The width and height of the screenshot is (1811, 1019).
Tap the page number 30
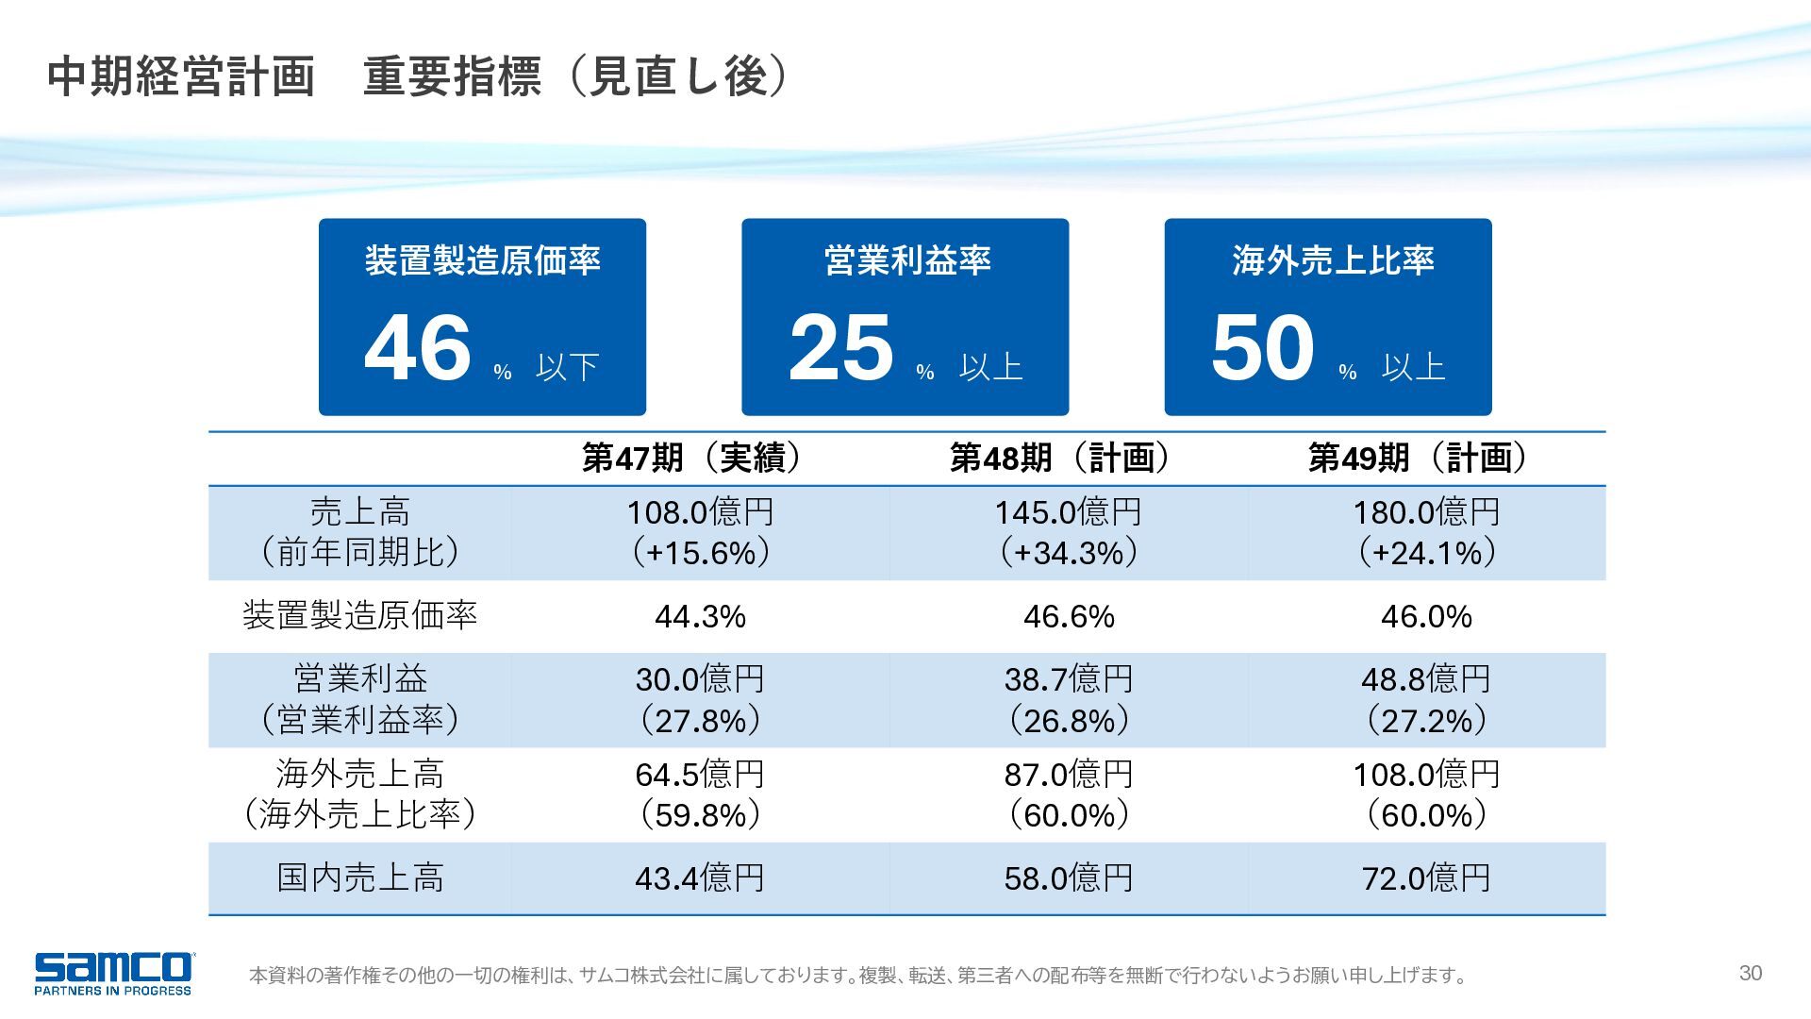coord(1751,973)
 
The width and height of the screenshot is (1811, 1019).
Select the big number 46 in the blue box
coord(418,347)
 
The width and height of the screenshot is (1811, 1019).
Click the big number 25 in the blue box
coord(840,347)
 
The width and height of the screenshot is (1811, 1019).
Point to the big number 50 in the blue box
coord(1263,347)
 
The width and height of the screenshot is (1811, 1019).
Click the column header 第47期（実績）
coord(699,458)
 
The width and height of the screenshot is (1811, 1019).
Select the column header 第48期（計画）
coord(1068,458)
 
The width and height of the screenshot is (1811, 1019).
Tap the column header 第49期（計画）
coord(1425,458)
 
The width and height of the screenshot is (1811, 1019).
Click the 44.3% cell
coord(700,617)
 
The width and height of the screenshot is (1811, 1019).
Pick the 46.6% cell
coord(1069,617)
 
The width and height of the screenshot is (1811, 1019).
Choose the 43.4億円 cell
coord(700,878)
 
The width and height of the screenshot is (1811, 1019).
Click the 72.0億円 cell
coord(1426,878)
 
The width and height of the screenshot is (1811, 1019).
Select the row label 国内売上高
coord(360,878)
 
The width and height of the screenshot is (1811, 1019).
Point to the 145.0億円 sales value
coord(1069,512)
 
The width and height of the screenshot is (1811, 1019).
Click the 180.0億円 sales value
coord(1426,512)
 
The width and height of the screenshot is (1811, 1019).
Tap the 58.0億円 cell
coord(1069,878)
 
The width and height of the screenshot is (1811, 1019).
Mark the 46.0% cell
coord(1426,617)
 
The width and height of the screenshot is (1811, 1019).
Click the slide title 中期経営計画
coord(180,76)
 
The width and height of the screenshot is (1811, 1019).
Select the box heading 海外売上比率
coord(1333,260)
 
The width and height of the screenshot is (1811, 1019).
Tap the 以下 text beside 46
coord(568,367)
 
